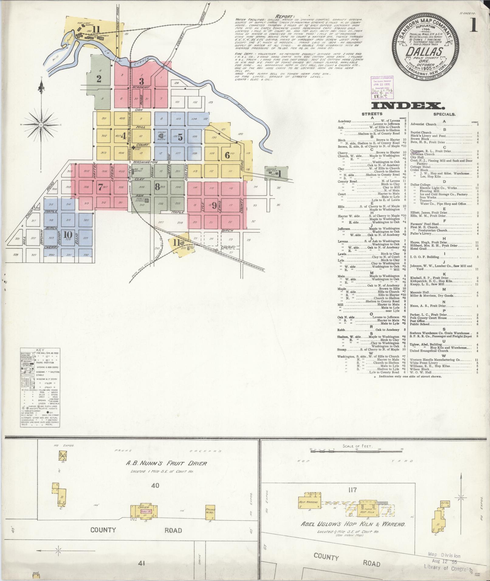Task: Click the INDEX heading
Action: point(406,105)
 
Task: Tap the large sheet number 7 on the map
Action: point(100,187)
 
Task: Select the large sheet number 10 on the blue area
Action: point(68,235)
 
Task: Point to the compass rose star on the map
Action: point(41,125)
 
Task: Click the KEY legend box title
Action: point(40,350)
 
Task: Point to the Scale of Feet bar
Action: point(356,452)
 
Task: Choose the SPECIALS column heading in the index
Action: point(444,114)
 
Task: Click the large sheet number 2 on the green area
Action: point(99,79)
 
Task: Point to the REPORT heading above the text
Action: point(285,16)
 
